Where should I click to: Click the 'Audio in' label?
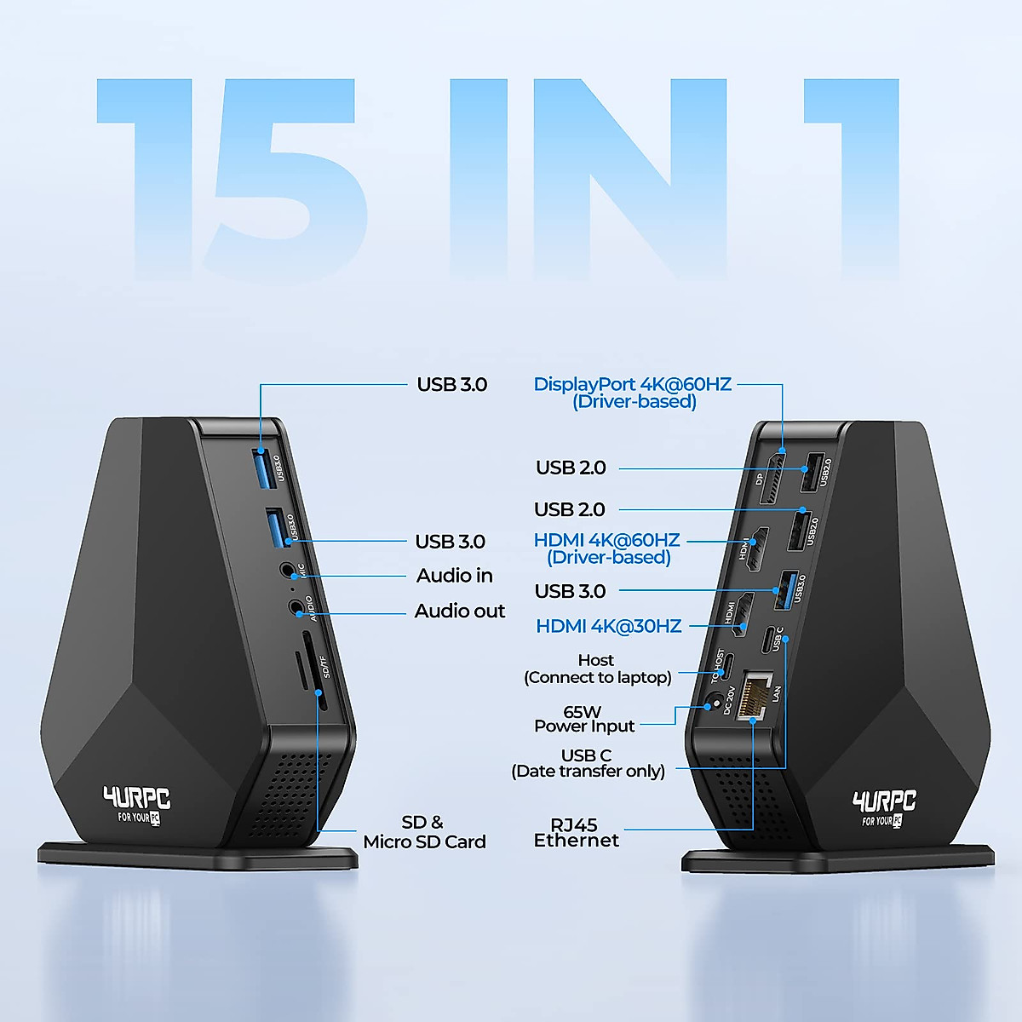pyautogui.click(x=454, y=576)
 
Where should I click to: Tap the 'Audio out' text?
pyautogui.click(x=459, y=611)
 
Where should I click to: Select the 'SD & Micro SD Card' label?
pyautogui.click(x=424, y=832)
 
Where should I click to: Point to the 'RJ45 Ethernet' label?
pyautogui.click(x=576, y=832)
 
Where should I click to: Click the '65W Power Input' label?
pyautogui.click(x=584, y=719)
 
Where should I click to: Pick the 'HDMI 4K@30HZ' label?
pyautogui.click(x=608, y=626)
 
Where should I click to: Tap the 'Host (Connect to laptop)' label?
pyautogui.click(x=597, y=669)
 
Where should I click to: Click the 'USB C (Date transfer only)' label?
pyautogui.click(x=588, y=763)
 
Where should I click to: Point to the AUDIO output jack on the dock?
pyautogui.click(x=296, y=607)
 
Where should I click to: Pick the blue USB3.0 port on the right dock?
pyautogui.click(x=787, y=590)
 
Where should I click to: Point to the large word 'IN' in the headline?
pyautogui.click(x=588, y=179)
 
